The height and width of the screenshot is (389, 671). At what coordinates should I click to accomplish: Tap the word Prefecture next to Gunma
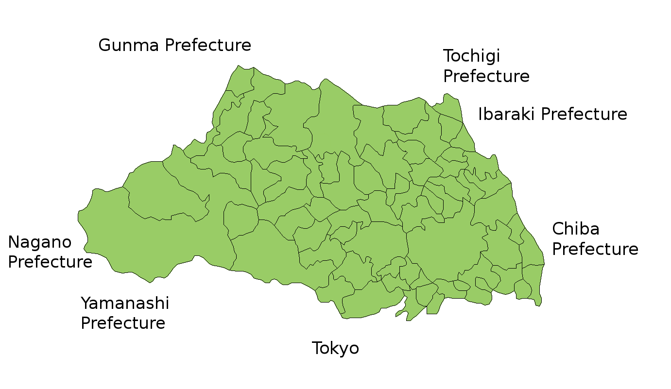[x=208, y=46]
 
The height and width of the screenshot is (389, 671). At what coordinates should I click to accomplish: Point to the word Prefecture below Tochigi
[x=486, y=77]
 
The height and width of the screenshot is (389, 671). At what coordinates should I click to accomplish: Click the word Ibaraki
[x=507, y=115]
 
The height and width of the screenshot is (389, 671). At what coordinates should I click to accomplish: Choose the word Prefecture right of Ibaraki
[x=584, y=115]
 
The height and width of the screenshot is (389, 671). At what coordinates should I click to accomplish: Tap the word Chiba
[x=575, y=229]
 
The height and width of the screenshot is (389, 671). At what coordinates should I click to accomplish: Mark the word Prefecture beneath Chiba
[x=595, y=249]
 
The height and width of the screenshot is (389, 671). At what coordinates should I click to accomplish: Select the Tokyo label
[x=335, y=348]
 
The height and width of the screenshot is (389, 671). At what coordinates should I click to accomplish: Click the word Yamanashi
[x=125, y=304]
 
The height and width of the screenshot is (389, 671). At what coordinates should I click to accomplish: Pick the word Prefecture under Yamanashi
[x=123, y=323]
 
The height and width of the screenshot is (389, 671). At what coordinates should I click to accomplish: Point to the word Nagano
[x=40, y=242]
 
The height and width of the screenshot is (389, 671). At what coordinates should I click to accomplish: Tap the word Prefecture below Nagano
[x=50, y=262]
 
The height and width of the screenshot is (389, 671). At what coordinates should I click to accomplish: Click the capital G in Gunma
[x=104, y=46]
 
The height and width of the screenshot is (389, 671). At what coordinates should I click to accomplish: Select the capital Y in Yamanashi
[x=86, y=304]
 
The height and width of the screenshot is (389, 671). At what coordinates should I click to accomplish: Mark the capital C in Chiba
[x=558, y=229]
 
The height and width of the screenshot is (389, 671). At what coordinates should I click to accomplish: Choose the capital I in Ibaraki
[x=481, y=115]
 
